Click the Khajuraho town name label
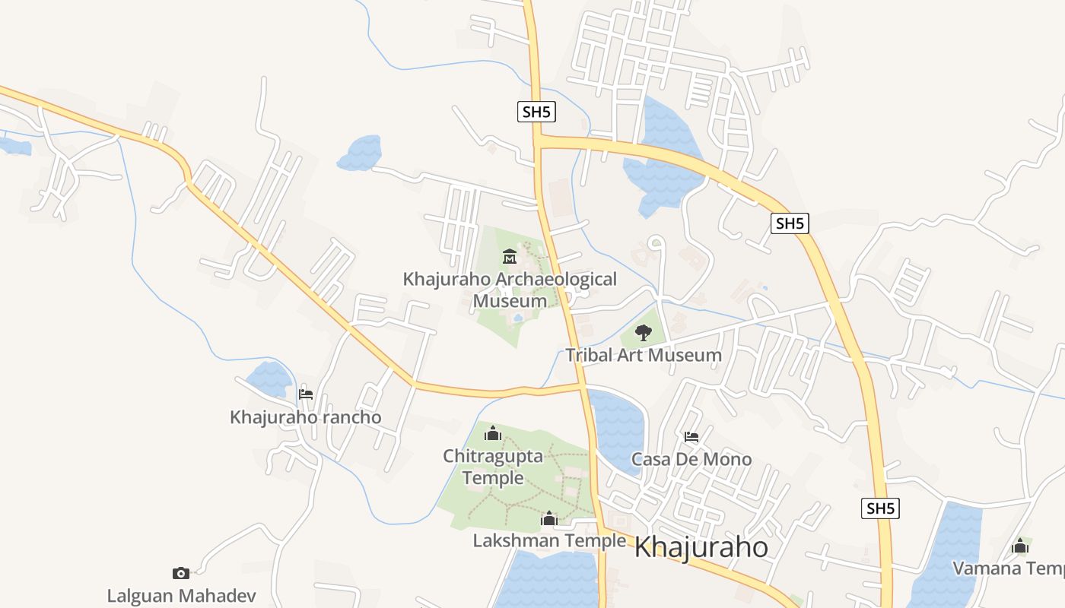tap(701, 547)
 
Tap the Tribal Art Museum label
tap(644, 355)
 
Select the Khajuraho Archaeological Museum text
tap(510, 290)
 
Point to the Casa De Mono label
tap(691, 459)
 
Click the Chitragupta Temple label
tap(493, 467)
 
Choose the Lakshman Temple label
tap(549, 540)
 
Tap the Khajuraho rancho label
tap(306, 417)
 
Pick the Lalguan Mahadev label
tap(181, 595)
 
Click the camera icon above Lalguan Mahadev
tap(181, 573)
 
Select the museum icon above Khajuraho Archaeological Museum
tap(510, 257)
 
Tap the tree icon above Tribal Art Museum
tap(644, 332)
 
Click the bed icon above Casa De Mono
tap(691, 437)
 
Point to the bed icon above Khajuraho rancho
tap(306, 394)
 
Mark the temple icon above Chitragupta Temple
tap(493, 434)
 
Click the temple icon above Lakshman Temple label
tap(549, 519)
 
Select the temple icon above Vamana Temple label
tap(1020, 546)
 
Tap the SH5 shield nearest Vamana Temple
tap(880, 508)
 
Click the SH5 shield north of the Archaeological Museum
tap(536, 112)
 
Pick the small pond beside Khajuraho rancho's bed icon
tap(269, 378)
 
